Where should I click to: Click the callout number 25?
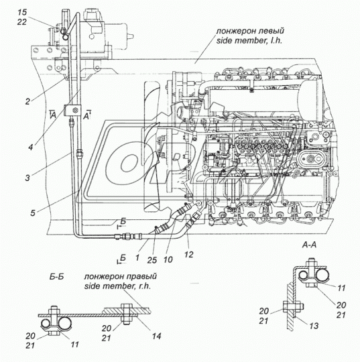pos(152,260)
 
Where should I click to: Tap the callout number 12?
pos(188,255)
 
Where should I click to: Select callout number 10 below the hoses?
pos(168,259)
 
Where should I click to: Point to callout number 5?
pos(33,213)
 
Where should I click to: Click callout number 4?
pos(31,147)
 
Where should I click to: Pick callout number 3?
pos(27,178)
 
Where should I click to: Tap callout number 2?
pos(27,101)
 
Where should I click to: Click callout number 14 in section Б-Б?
pos(156,336)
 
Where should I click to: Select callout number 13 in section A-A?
pos(314,326)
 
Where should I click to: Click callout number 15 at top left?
pos(22,12)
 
